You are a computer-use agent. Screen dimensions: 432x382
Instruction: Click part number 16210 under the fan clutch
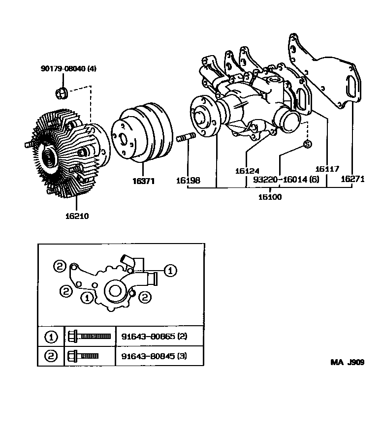coord(76,215)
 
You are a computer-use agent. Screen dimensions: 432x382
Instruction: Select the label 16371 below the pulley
coord(143,181)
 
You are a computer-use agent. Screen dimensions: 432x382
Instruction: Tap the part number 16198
coord(188,181)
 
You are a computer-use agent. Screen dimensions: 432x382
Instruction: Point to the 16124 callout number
coord(247,171)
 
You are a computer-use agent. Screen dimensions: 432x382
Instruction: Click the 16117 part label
coord(327,169)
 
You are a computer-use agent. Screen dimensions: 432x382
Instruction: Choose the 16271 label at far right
coord(352,180)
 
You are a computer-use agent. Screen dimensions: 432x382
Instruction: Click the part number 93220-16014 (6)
coord(286,180)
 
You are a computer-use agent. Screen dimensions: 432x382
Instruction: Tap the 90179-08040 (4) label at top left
coord(68,68)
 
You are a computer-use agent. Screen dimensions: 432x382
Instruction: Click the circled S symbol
coord(307,144)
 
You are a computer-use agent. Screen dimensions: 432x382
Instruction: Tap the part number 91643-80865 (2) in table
coord(154,337)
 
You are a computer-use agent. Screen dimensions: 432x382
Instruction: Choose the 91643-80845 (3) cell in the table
coord(154,356)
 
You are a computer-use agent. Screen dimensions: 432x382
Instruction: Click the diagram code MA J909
coord(347,363)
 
